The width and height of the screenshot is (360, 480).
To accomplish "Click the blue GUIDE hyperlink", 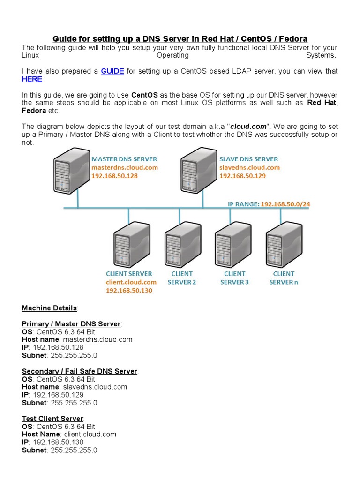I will pyautogui.click(x=112, y=71).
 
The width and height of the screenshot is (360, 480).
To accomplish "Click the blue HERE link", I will pyautogui.click(x=32, y=79).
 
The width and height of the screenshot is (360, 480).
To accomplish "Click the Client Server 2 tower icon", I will pyautogui.click(x=180, y=243).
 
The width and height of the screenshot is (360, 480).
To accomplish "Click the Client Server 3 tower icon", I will pyautogui.click(x=230, y=243).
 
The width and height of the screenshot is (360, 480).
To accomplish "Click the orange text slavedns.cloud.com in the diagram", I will pyautogui.click(x=249, y=167).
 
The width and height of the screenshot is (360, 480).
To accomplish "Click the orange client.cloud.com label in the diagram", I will pyautogui.click(x=131, y=282).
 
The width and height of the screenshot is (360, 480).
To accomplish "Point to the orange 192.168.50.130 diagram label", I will pyautogui.click(x=129, y=291).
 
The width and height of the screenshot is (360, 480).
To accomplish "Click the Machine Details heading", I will pyautogui.click(x=49, y=308).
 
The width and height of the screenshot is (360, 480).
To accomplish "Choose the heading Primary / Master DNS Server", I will pyautogui.click(x=71, y=324).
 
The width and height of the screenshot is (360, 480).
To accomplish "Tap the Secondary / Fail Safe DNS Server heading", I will pyautogui.click(x=79, y=371).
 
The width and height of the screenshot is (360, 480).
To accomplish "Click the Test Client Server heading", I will pyautogui.click(x=52, y=419).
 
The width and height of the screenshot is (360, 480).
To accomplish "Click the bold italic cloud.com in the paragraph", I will pyautogui.click(x=247, y=127).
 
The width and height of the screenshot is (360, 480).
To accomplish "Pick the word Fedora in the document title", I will pyautogui.click(x=292, y=38).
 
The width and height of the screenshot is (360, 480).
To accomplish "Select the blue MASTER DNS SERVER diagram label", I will pyautogui.click(x=124, y=159).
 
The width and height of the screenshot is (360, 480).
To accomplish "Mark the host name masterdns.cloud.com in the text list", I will pyautogui.click(x=97, y=339).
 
